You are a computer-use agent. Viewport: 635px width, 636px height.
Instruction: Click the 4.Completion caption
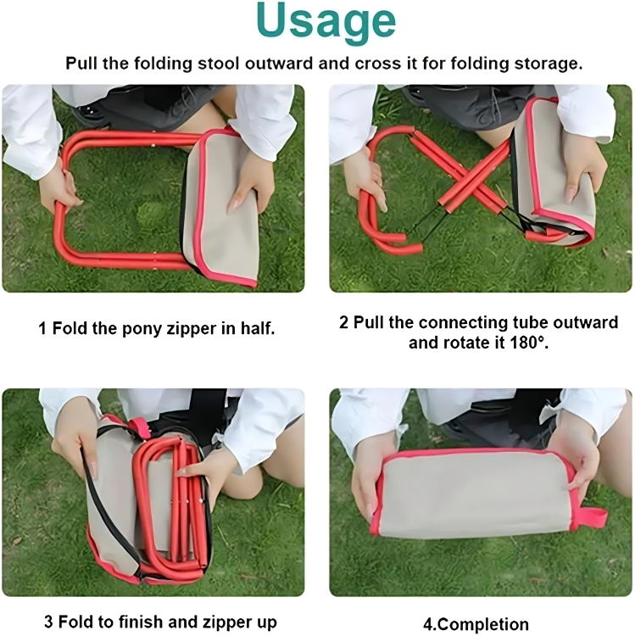(476, 624)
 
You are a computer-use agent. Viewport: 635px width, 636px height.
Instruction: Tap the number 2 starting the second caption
(344, 323)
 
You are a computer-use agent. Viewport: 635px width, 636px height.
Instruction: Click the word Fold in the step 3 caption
(74, 622)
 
